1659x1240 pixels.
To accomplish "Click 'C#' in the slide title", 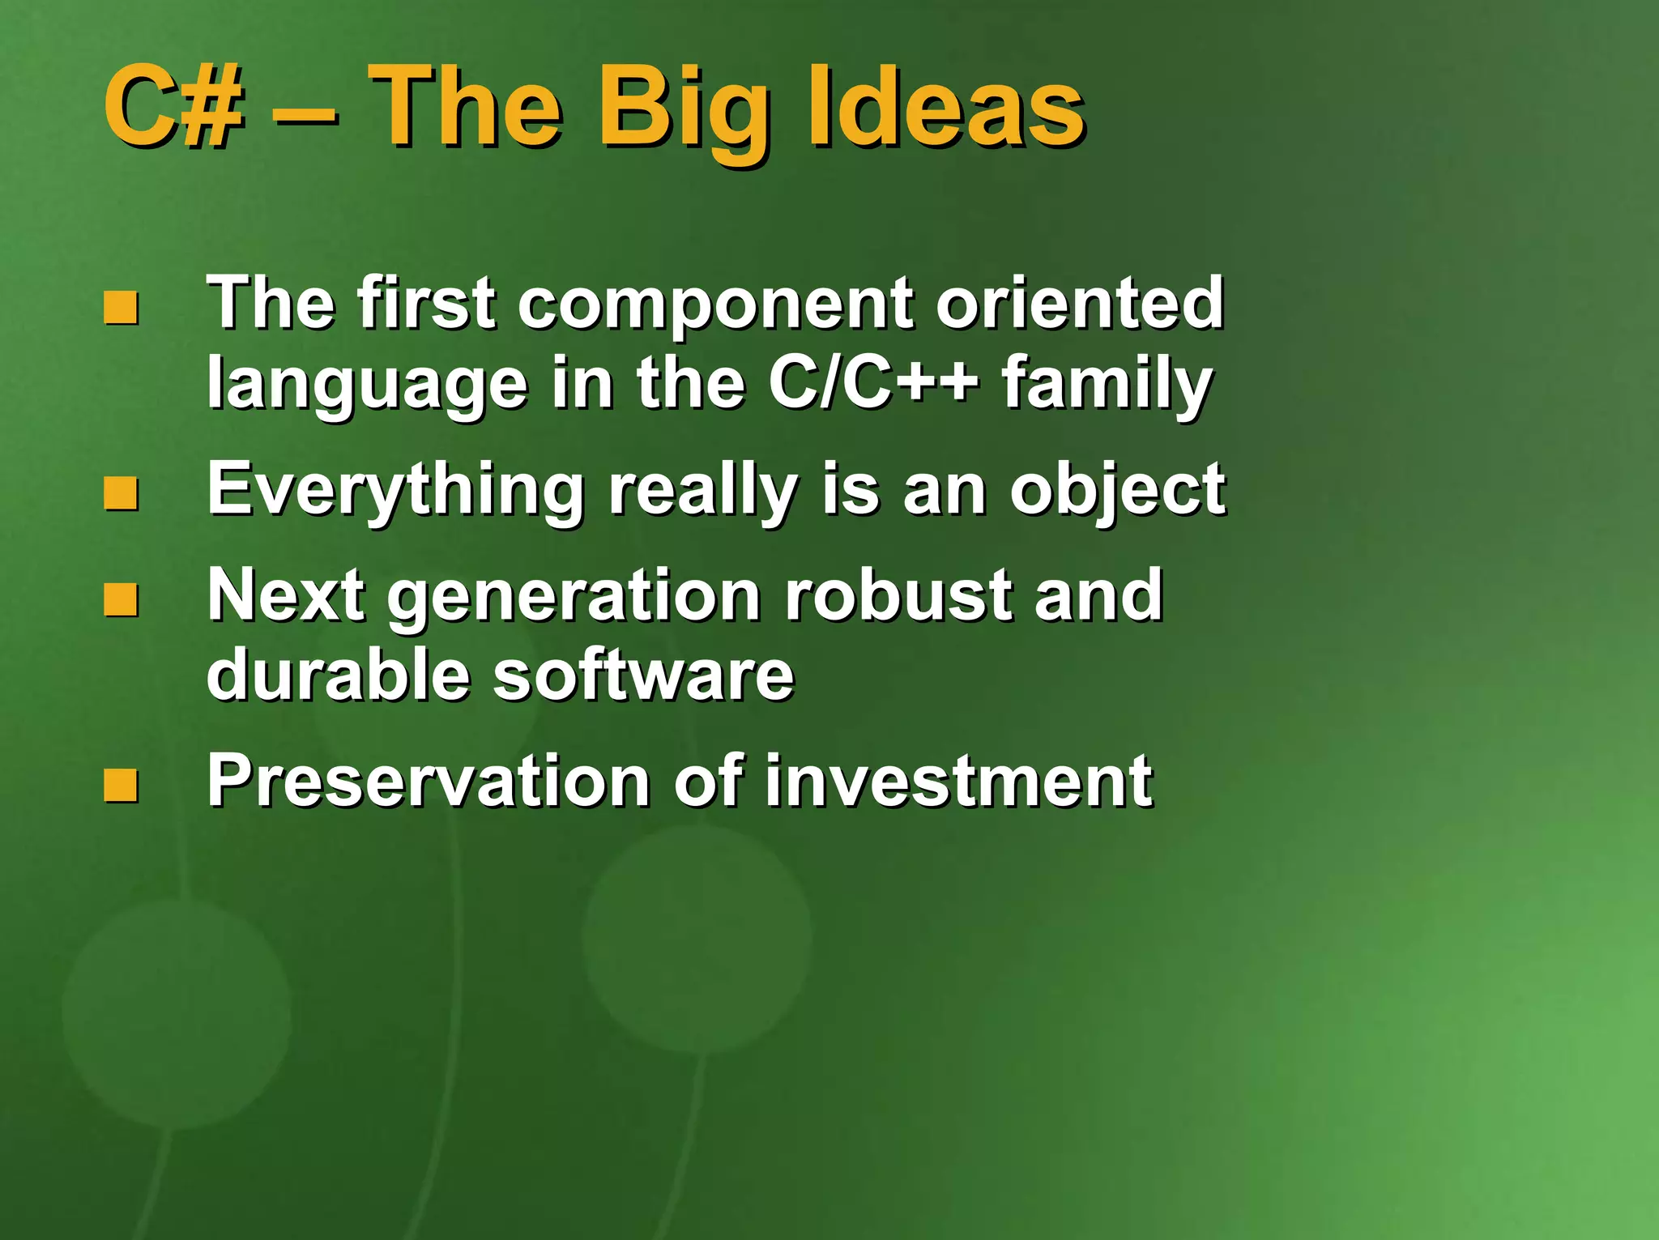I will tap(173, 107).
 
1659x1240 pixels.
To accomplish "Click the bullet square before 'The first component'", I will tap(121, 308).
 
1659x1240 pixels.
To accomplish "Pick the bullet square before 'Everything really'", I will tap(121, 493).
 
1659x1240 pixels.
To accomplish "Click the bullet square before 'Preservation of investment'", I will tap(121, 785).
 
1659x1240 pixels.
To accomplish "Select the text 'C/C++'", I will tap(872, 382).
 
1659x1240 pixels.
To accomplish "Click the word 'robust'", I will tap(898, 594).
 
